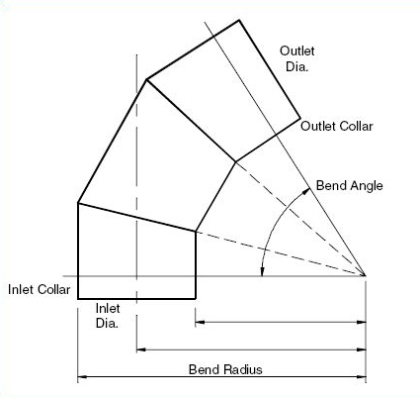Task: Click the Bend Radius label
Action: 225,369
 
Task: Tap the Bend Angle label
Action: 350,186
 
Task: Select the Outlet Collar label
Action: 337,126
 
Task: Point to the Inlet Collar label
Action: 40,289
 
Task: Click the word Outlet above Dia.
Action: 297,50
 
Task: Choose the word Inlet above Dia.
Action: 108,308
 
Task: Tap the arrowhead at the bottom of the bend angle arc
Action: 262,271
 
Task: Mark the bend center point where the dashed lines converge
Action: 366,275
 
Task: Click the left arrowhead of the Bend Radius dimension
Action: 82,376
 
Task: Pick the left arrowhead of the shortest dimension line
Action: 200,322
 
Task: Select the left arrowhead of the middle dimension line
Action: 141,349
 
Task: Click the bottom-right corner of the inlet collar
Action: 196,299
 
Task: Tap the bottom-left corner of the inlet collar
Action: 78,299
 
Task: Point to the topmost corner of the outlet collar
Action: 239,20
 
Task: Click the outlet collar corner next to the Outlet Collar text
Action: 300,118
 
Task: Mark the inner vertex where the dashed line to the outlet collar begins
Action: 236,161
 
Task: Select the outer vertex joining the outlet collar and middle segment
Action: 146,79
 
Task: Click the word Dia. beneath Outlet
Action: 296,67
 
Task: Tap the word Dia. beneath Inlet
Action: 107,323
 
